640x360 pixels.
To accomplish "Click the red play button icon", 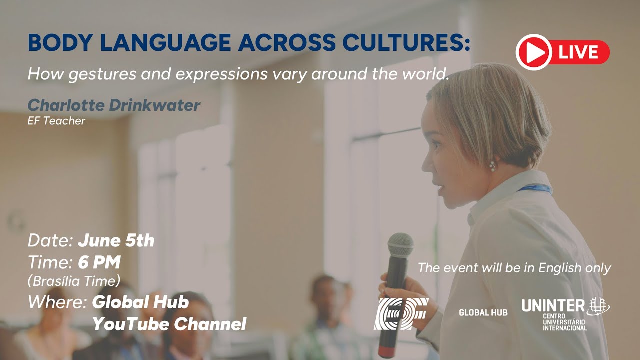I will tap(533, 52).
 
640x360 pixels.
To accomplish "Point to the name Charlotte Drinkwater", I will tap(114, 105).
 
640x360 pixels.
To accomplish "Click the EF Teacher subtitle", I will tap(56, 121).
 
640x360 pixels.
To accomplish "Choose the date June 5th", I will tap(116, 241).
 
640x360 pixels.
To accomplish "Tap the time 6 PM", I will tap(99, 262).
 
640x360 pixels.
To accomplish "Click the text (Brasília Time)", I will tap(74, 281).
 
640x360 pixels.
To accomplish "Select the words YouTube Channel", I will tap(169, 324).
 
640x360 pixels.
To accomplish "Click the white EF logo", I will tap(401, 314).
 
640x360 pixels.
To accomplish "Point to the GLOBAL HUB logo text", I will tap(483, 312).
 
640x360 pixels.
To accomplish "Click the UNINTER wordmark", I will tap(553, 305).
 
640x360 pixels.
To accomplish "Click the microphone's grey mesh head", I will tap(400, 245).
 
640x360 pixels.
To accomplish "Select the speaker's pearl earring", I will tap(492, 166).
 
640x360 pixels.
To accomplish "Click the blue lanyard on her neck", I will tap(535, 189).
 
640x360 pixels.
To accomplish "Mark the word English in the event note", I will tap(555, 268).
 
